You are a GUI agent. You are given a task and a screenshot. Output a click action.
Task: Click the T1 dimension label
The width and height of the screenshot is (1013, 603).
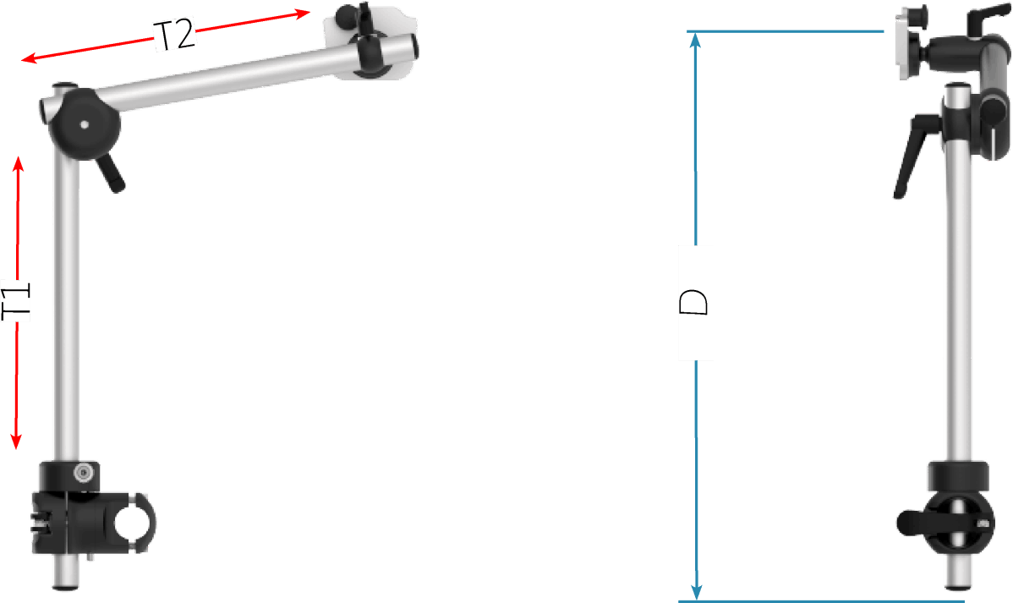17,300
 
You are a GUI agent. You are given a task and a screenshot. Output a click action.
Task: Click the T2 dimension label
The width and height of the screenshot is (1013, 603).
174,36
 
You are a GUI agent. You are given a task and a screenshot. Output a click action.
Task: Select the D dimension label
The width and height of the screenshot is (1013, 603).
695,302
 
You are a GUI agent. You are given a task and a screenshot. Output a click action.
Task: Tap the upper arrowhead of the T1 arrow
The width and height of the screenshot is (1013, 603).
19,163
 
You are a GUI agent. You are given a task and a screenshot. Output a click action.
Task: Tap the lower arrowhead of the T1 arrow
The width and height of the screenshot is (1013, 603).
17,441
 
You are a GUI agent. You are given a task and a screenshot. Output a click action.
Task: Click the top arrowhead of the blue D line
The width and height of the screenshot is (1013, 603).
695,40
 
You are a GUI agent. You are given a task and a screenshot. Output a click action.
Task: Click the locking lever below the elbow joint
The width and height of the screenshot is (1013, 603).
111,173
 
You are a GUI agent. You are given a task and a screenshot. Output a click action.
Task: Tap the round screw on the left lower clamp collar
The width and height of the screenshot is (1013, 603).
82,473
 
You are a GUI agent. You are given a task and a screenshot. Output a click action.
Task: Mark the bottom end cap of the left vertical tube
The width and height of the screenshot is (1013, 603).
65,586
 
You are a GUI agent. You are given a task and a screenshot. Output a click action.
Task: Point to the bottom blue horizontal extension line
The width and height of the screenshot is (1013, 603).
821,601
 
